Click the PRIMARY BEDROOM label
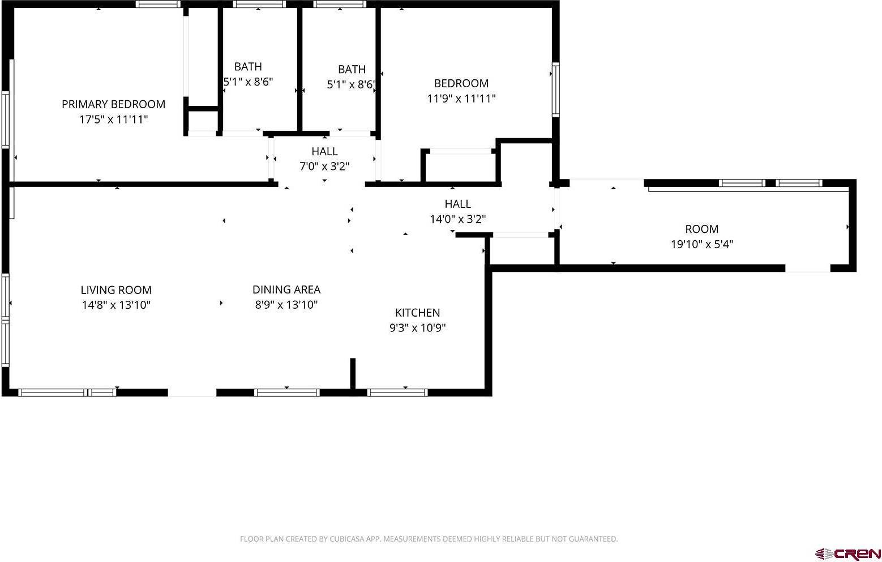(x=113, y=104)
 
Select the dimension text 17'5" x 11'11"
(x=113, y=120)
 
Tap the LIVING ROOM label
(x=116, y=290)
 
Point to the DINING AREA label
(x=286, y=289)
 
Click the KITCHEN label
(x=417, y=313)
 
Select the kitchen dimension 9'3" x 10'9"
(x=417, y=328)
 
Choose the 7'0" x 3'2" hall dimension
(x=324, y=167)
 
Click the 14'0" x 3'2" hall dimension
(x=457, y=219)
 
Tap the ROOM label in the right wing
(x=701, y=229)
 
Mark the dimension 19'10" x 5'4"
(x=701, y=245)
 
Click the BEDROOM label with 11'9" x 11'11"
(x=461, y=83)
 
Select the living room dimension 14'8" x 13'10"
(x=116, y=305)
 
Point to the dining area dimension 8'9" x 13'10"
(x=286, y=305)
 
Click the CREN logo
(x=847, y=552)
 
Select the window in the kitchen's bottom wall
(x=397, y=392)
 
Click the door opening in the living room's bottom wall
(x=192, y=392)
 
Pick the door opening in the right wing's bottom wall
(x=807, y=268)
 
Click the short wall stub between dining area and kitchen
(x=353, y=374)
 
